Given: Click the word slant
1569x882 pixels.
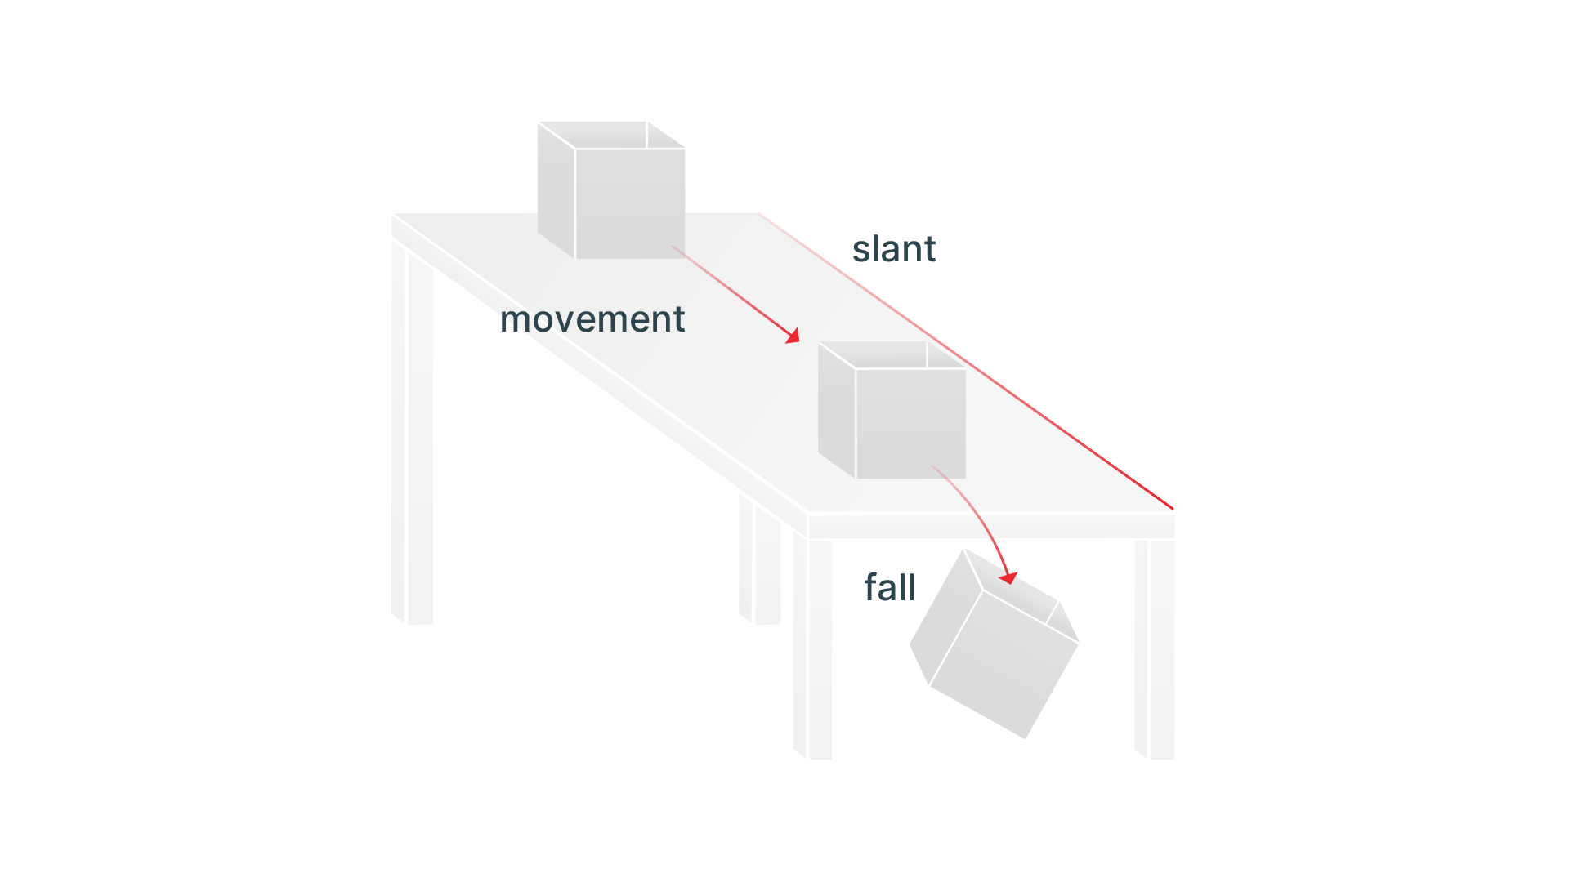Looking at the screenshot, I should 893,249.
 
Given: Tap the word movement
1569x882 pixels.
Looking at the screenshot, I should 592,319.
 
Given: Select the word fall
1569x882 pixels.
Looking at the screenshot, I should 889,588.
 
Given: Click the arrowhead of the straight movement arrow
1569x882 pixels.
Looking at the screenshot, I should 793,336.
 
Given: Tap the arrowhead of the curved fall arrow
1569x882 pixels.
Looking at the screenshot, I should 1009,578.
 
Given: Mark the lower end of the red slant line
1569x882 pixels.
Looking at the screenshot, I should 1171,507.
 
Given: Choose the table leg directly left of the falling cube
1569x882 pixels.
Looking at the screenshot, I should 813,649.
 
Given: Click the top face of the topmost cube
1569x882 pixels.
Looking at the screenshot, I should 611,136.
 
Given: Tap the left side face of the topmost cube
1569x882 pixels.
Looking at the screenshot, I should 556,192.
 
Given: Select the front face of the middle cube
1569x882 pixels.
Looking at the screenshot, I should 910,423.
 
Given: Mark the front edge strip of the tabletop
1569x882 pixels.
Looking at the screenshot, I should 990,526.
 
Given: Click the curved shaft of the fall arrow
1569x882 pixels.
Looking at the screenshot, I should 981,514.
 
